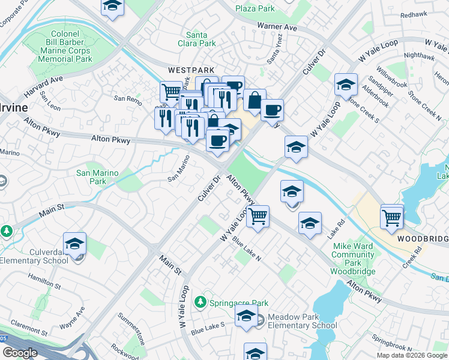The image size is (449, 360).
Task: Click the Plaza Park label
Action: click(255, 8)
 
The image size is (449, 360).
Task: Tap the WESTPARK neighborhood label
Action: click(183, 70)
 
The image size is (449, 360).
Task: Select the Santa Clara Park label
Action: click(200, 39)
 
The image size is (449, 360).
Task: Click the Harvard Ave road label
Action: click(44, 87)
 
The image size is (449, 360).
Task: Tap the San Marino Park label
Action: click(97, 177)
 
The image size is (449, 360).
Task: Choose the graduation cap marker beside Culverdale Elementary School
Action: click(74, 244)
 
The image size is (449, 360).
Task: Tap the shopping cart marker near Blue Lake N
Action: click(258, 216)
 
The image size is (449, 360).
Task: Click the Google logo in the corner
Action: click(20, 353)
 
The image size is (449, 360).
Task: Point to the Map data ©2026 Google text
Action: click(412, 355)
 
